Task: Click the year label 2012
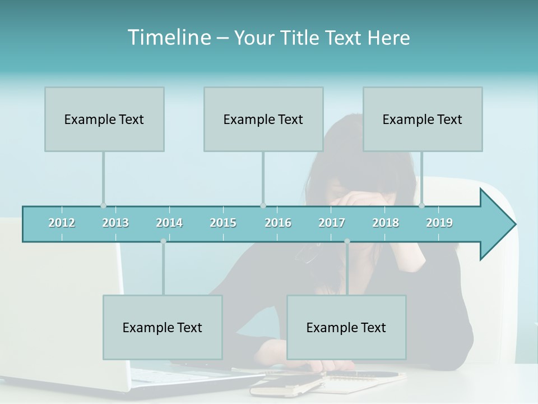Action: click(x=62, y=223)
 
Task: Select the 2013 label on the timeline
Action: click(x=115, y=223)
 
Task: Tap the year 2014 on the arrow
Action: click(x=169, y=223)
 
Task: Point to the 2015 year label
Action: click(x=223, y=223)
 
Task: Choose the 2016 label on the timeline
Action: click(x=278, y=223)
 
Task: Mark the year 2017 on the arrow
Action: click(x=332, y=223)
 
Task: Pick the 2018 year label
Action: click(x=386, y=223)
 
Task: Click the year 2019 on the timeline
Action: click(x=439, y=223)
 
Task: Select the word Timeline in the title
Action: click(x=168, y=38)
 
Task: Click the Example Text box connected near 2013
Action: click(x=104, y=120)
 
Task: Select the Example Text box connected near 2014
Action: click(x=163, y=328)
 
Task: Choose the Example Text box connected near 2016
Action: click(x=263, y=120)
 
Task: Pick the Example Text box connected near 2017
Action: click(x=346, y=328)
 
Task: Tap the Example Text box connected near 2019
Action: click(x=423, y=120)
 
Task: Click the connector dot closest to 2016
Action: click(x=263, y=205)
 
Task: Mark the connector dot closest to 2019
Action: click(x=422, y=205)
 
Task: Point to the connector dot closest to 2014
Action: click(x=163, y=241)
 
